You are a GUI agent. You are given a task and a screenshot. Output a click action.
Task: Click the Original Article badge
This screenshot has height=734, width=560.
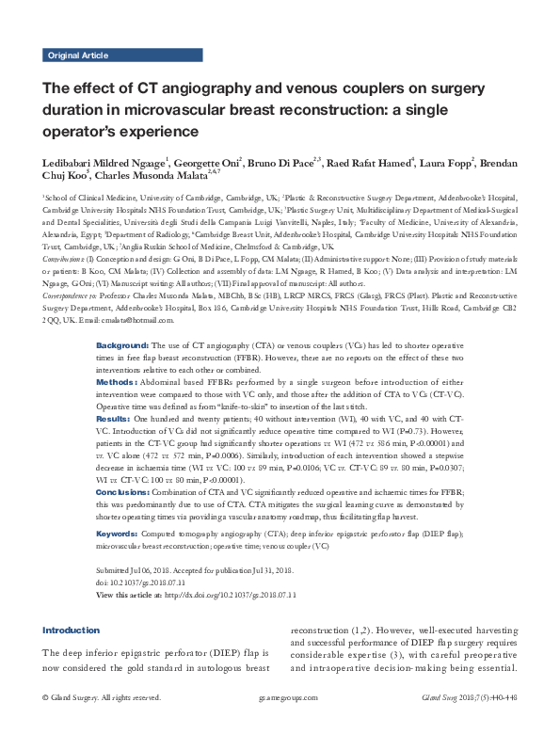pos(77,56)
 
